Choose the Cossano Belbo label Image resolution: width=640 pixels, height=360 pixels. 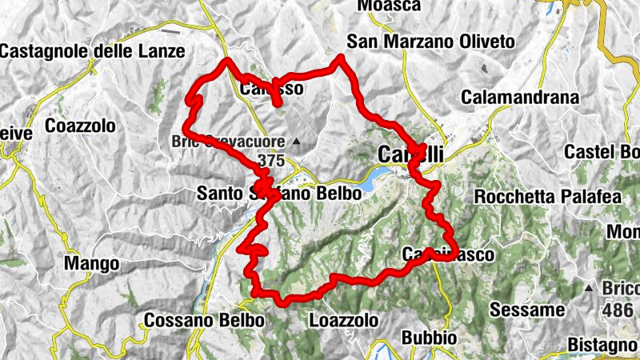tap(204, 320)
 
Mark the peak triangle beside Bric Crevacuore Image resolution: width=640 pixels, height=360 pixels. tap(297, 142)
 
